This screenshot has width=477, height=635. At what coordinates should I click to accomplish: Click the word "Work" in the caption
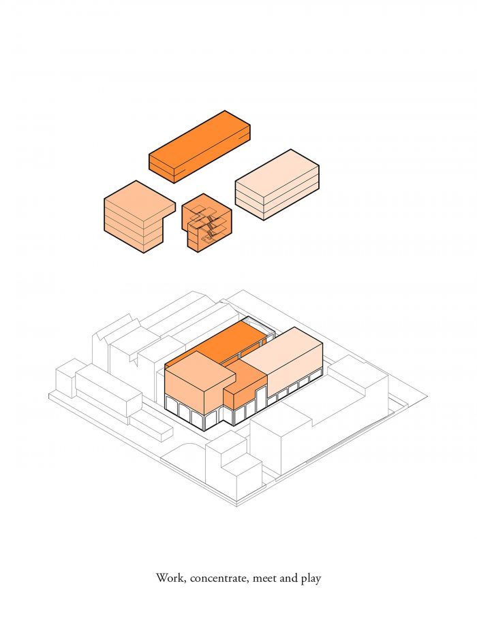pos(170,578)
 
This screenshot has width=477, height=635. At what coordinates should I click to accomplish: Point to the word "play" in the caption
pos(311,579)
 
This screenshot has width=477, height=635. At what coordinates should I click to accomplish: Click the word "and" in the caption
pos(288,578)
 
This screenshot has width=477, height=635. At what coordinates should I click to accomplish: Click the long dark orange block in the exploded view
pos(200,146)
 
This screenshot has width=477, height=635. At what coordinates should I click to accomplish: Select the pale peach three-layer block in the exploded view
pos(277,184)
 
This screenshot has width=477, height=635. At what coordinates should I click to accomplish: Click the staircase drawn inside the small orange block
pos(207,223)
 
